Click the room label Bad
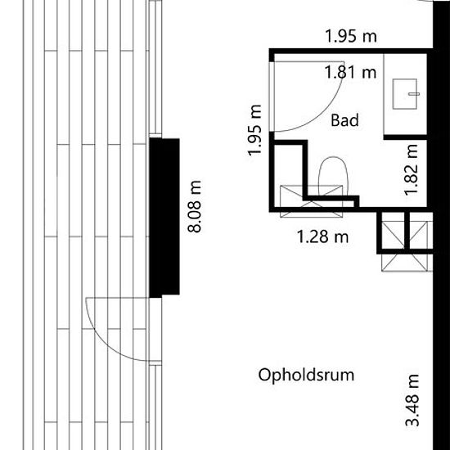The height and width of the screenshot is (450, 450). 344,120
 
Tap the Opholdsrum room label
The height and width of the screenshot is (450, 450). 306,375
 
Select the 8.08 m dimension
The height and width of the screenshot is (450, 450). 194,206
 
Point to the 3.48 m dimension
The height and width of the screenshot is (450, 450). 412,400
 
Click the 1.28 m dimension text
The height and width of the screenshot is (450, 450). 322,237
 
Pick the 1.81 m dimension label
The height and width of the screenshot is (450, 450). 350,72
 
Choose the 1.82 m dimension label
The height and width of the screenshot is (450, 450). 411,169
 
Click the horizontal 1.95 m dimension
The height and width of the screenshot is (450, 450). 351,37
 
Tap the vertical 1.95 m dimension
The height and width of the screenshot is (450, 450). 254,131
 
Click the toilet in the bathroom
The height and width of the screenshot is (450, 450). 333,176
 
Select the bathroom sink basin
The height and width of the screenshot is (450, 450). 405,94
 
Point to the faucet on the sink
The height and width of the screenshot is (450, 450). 414,94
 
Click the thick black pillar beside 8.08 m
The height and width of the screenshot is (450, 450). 164,218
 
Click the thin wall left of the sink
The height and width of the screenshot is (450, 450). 384,94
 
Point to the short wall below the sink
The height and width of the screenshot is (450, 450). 405,137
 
